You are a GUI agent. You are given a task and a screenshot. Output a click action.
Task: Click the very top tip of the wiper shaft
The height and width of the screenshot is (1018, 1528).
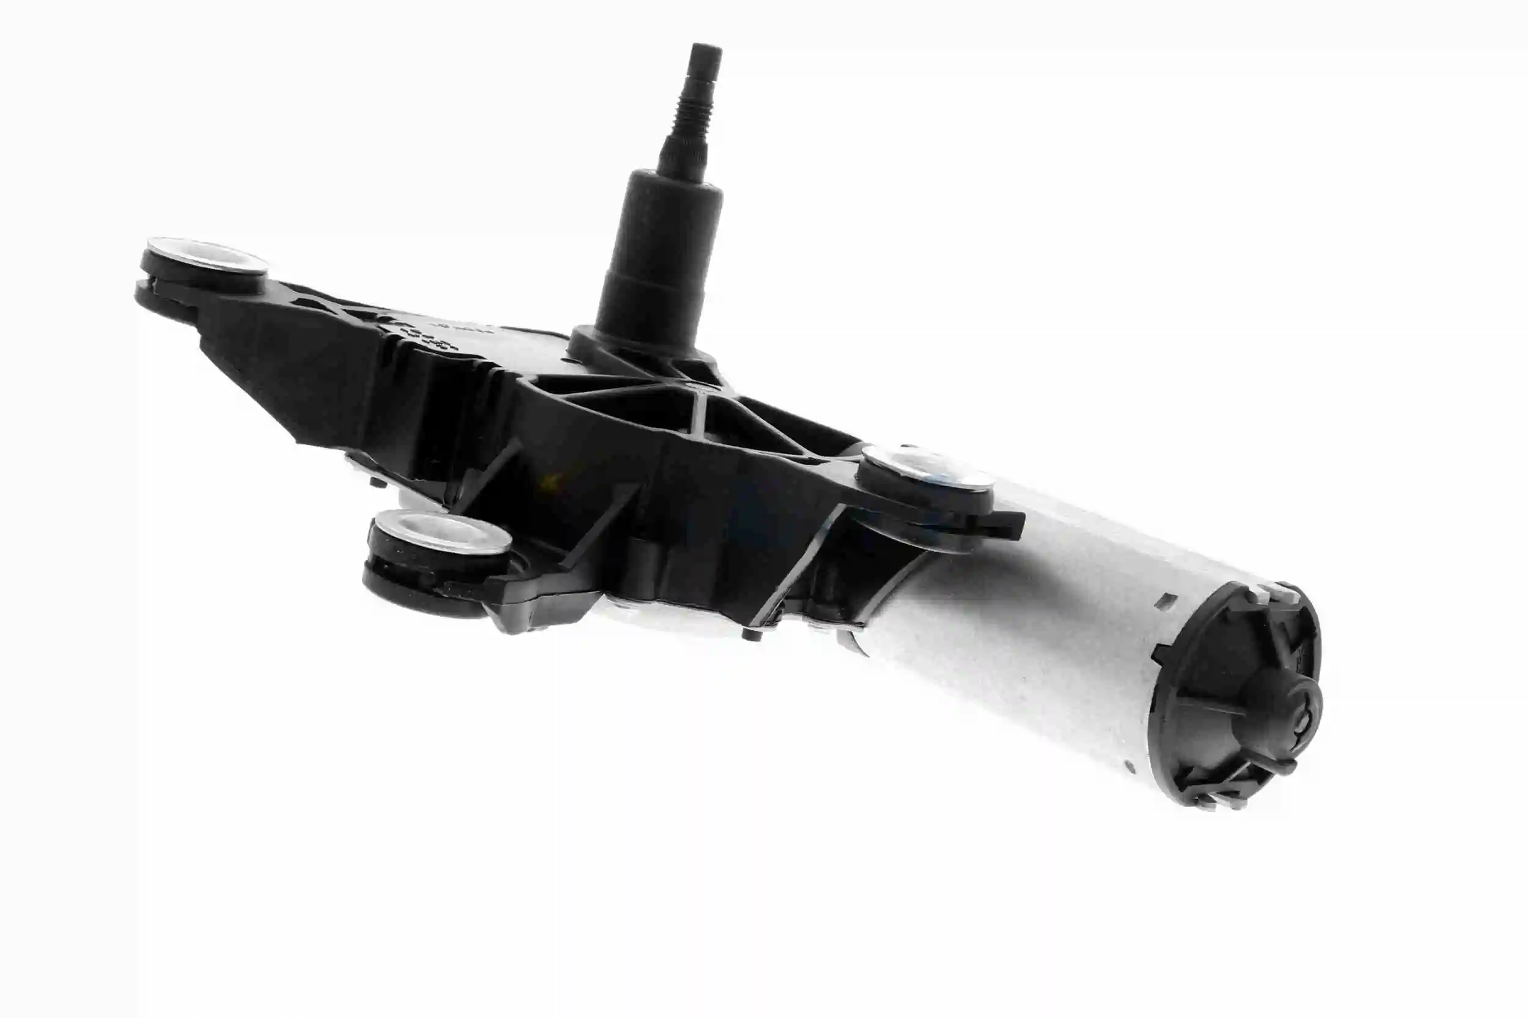click(706, 46)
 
